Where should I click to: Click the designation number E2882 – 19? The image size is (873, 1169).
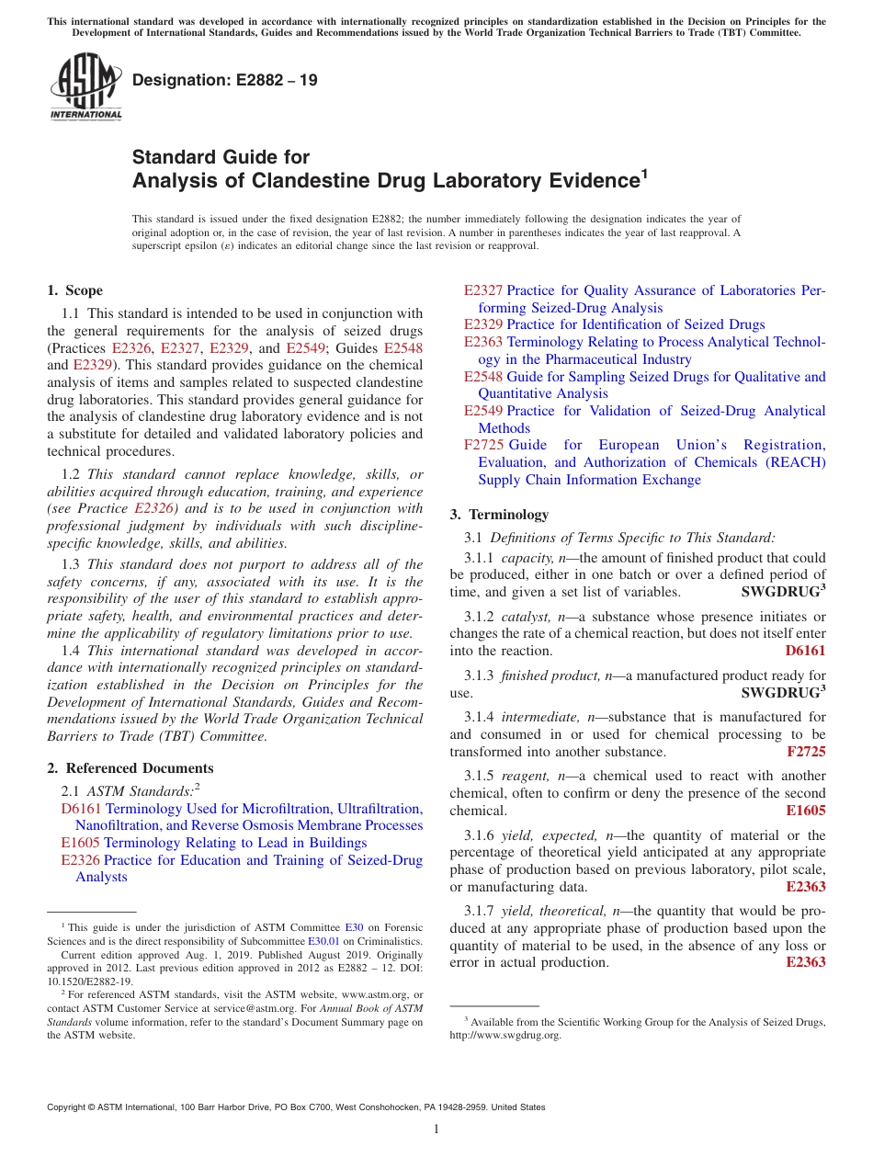click(x=225, y=80)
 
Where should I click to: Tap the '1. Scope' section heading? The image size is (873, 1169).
click(x=74, y=290)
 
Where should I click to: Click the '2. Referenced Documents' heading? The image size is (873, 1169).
click(x=130, y=768)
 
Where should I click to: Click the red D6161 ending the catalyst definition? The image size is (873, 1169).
click(x=805, y=651)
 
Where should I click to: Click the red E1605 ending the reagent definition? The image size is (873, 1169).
click(x=805, y=811)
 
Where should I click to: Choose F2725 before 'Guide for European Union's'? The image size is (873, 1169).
click(x=483, y=445)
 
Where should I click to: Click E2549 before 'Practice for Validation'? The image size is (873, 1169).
click(x=483, y=411)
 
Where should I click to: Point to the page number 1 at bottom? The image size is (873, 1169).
click(x=436, y=1129)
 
